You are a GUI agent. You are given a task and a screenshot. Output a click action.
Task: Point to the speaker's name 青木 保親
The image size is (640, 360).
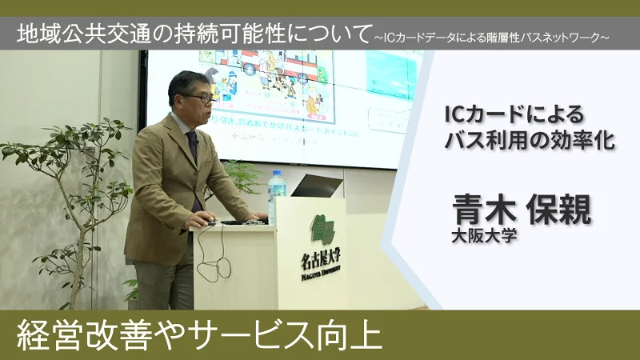click(x=521, y=209)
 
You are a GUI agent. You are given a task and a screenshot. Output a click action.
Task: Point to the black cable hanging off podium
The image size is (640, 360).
click(x=202, y=256)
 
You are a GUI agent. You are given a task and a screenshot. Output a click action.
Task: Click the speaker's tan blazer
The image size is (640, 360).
click(x=160, y=184)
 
